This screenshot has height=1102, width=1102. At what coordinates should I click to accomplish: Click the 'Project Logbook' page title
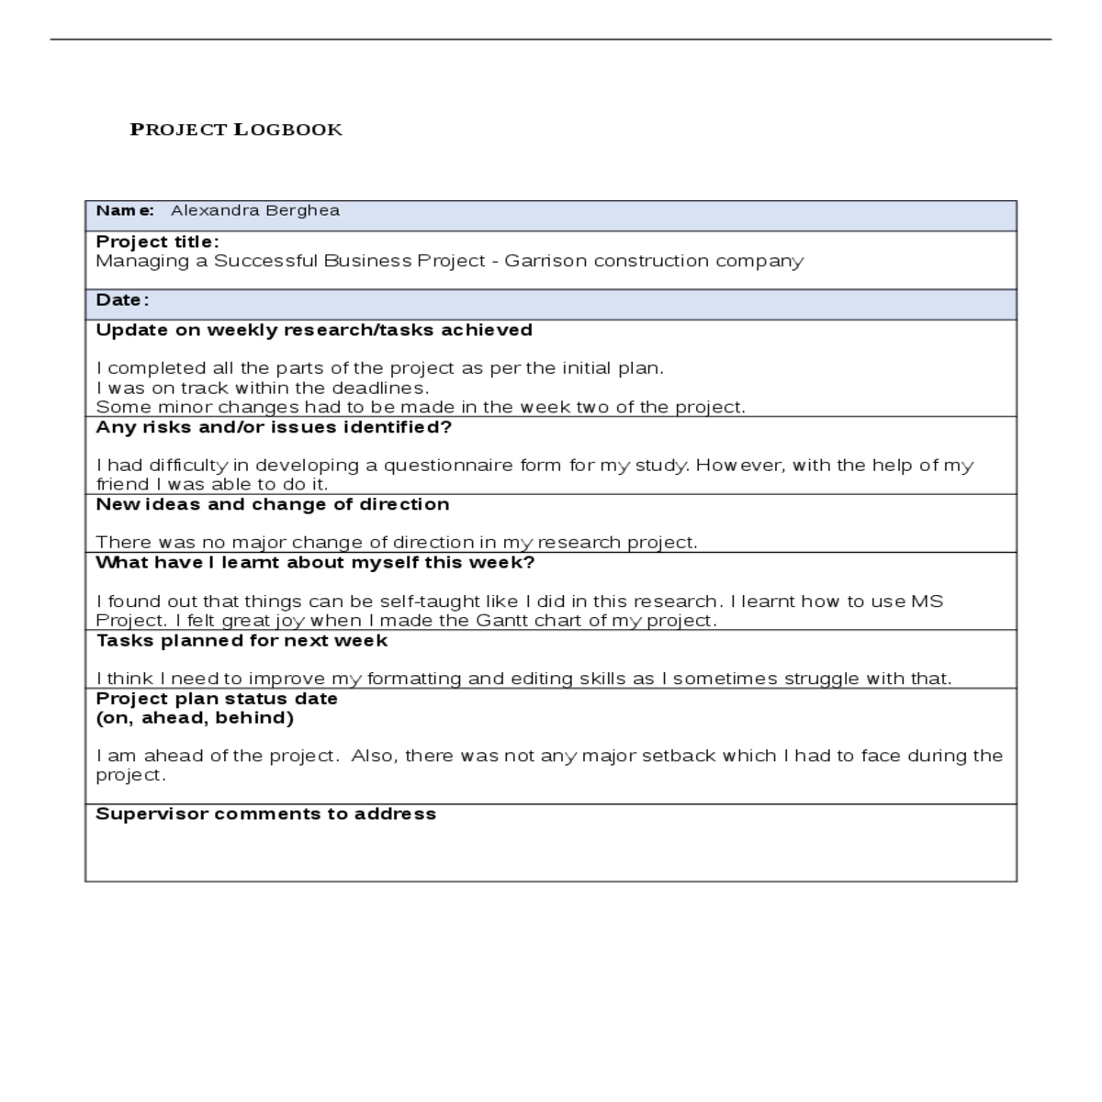tap(236, 129)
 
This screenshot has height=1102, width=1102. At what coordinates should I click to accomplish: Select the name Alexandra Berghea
tap(254, 210)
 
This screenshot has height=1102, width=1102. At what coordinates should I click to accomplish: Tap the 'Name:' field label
tap(125, 210)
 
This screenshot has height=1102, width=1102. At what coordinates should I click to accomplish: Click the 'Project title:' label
tap(157, 242)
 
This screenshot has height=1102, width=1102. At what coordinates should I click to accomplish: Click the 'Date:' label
tap(122, 300)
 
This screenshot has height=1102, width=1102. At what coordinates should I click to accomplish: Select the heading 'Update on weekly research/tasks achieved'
tap(314, 330)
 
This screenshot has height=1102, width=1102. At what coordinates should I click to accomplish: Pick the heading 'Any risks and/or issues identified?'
tap(274, 427)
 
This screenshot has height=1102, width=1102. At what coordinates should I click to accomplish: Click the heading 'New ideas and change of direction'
tap(273, 504)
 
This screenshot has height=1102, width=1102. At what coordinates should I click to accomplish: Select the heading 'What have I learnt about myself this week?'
tap(315, 562)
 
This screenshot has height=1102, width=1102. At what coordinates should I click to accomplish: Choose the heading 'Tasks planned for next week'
tap(242, 640)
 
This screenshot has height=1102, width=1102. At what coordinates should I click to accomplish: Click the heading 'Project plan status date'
tap(217, 698)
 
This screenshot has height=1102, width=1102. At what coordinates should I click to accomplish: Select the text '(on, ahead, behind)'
tap(195, 717)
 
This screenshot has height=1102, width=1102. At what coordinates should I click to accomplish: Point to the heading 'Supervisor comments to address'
tap(265, 814)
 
